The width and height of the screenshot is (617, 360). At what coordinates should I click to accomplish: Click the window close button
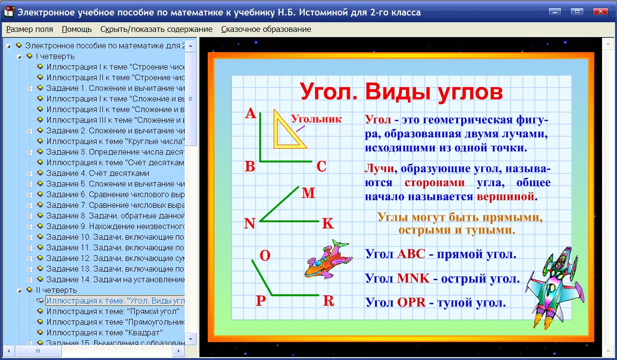(x=601, y=12)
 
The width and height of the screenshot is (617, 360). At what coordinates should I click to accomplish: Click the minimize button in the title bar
(x=555, y=12)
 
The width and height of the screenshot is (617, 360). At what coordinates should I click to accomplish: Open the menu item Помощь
(x=76, y=29)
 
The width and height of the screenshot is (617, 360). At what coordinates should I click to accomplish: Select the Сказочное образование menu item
(x=266, y=29)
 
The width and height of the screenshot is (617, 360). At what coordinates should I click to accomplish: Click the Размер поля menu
(x=29, y=29)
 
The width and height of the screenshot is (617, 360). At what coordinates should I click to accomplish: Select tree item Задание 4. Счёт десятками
(x=98, y=173)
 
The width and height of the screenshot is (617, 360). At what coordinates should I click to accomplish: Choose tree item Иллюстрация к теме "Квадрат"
(x=105, y=333)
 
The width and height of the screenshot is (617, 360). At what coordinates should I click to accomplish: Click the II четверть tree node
(x=57, y=290)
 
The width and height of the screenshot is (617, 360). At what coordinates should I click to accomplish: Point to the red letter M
(x=308, y=193)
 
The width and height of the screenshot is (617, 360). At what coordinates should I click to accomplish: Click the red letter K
(x=328, y=223)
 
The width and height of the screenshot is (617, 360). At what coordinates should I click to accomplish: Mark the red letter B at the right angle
(x=250, y=166)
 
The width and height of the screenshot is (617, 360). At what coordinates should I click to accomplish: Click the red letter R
(x=329, y=301)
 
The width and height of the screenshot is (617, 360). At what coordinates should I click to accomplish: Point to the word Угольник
(x=316, y=119)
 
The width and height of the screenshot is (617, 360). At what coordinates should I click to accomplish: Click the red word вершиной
(x=505, y=197)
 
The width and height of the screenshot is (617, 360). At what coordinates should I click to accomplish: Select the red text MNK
(x=414, y=278)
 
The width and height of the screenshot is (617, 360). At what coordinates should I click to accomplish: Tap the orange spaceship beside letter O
(x=329, y=260)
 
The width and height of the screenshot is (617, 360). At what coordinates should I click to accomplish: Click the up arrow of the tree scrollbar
(x=191, y=46)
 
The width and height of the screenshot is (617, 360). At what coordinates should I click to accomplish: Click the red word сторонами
(x=435, y=183)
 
